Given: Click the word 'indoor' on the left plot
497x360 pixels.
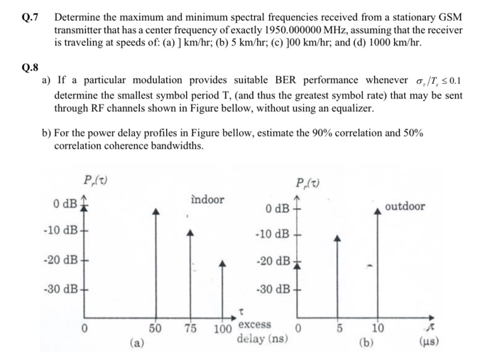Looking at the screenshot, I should click(207, 200).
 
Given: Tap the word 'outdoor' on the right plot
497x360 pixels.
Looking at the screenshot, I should click(405, 207).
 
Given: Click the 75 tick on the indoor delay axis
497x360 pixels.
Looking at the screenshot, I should click(190, 328).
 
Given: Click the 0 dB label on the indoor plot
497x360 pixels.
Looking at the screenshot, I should click(66, 205).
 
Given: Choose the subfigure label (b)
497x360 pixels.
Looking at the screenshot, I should click(368, 342).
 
